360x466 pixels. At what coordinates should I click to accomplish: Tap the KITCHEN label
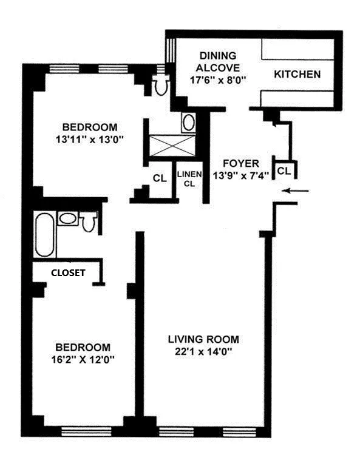297,75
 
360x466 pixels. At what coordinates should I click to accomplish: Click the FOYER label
241,163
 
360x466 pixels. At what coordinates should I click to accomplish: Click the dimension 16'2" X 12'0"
83,359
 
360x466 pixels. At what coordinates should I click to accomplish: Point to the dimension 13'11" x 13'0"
89,138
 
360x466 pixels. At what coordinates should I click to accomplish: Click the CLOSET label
67,272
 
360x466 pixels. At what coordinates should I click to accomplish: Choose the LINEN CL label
186,180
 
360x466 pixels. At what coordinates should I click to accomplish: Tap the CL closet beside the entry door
284,171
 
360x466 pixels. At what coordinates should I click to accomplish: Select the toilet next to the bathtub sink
90,222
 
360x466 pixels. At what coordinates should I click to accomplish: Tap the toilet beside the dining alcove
161,86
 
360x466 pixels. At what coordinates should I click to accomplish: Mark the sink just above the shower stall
188,123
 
